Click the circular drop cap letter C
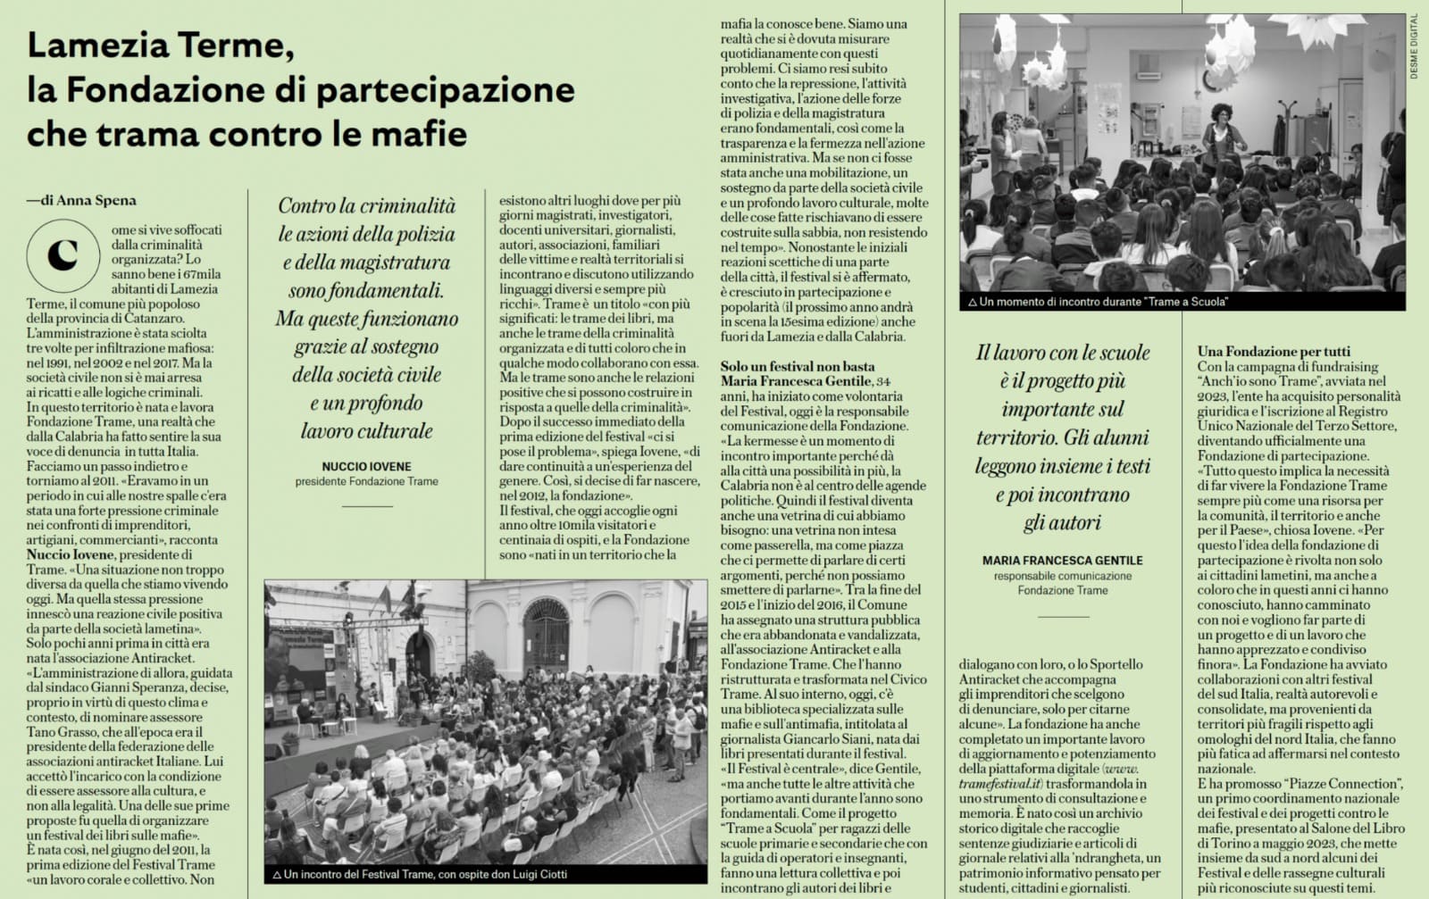click(63, 255)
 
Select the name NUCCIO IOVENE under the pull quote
click(366, 466)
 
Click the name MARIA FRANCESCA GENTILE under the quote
click(1062, 560)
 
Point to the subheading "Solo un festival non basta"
click(798, 366)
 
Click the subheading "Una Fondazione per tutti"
click(1274, 351)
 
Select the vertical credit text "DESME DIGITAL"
click(1414, 46)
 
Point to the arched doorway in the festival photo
click(545, 637)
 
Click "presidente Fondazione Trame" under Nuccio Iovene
click(366, 481)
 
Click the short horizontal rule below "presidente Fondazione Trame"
click(366, 506)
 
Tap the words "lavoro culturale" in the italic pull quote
click(366, 431)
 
